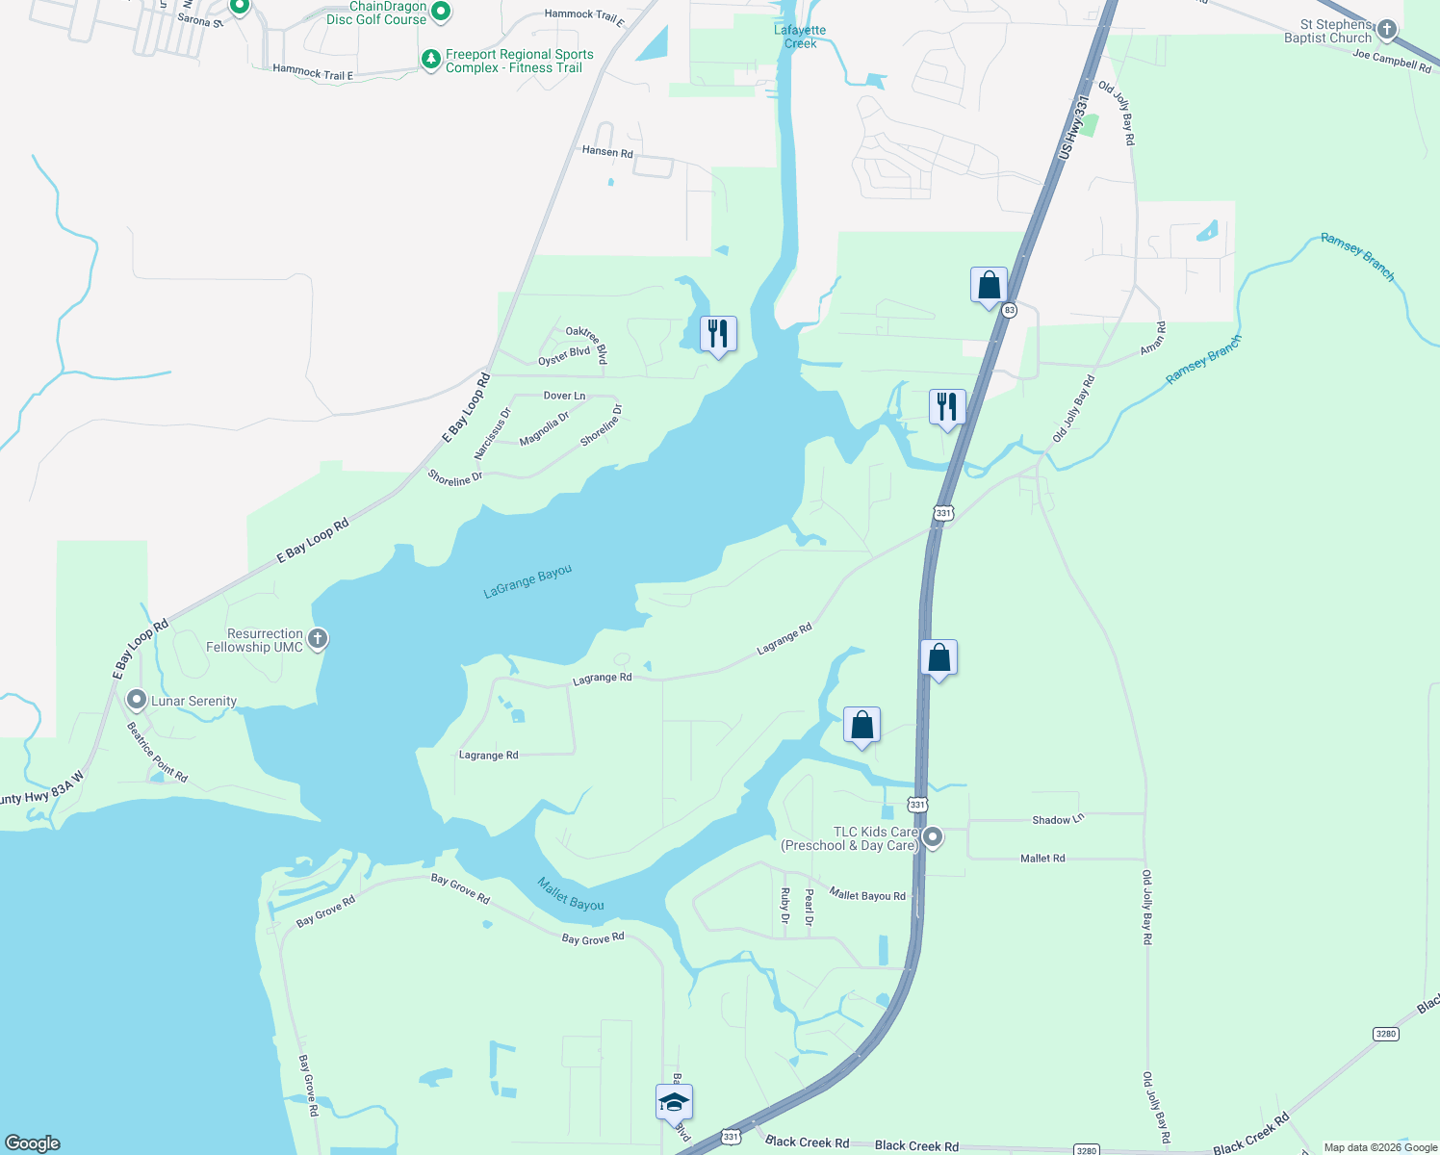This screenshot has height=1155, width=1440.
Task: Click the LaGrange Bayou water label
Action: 527,581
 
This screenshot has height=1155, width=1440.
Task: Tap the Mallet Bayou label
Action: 571,894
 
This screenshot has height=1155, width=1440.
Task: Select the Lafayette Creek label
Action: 800,37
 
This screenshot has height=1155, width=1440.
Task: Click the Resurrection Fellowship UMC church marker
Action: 318,638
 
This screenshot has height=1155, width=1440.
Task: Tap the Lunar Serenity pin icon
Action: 137,701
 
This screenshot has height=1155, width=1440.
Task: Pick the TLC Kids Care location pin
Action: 932,837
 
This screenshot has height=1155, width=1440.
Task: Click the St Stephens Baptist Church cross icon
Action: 1386,30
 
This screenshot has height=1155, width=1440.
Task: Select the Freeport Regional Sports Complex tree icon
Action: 430,61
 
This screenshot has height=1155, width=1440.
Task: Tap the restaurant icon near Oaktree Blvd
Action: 718,334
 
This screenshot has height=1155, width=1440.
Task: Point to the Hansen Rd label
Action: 607,152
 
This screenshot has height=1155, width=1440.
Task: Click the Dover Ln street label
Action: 564,396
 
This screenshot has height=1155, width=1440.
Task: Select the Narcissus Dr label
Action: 493,433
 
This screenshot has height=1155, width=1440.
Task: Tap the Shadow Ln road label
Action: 1058,820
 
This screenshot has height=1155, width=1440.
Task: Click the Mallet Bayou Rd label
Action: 867,895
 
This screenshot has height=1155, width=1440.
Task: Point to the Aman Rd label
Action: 1153,339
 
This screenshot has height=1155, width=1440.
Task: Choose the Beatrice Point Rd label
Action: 158,753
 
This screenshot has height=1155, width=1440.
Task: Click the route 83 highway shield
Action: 1009,310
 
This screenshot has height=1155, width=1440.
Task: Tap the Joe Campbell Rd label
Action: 1392,61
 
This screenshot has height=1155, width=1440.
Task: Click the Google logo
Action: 34,1143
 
